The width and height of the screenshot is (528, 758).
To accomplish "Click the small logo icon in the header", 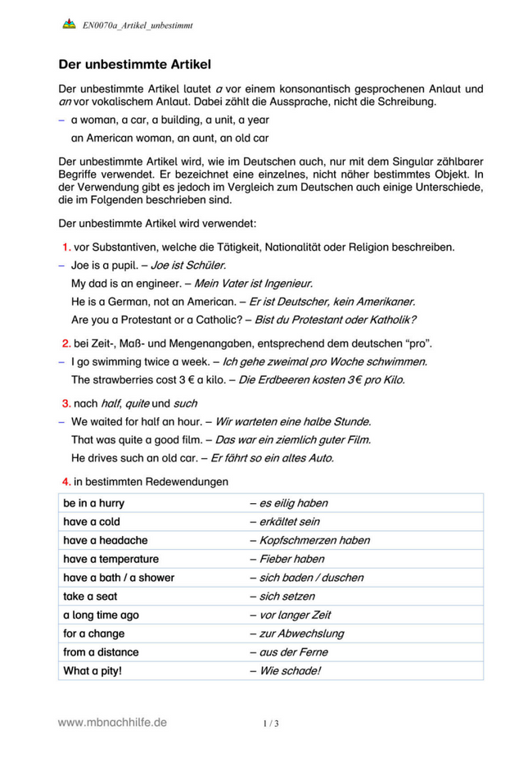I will point(69,25).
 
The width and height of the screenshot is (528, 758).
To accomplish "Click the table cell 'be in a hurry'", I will point(93,503).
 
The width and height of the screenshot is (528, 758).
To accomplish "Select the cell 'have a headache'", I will point(105,540).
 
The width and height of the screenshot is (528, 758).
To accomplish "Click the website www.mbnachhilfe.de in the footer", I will point(112,722).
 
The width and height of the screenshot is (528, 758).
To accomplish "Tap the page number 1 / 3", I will point(270,723).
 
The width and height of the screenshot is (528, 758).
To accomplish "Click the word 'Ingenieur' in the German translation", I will point(287,284).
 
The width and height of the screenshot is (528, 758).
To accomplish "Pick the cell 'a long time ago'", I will point(101,615).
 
